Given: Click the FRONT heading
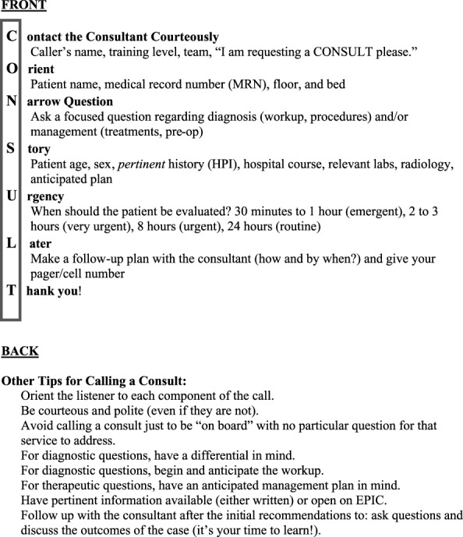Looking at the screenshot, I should [x=23, y=6].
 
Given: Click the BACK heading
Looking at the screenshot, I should [x=20, y=352].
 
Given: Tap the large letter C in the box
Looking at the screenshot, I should [x=12, y=36].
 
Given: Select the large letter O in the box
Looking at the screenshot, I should [x=12, y=69].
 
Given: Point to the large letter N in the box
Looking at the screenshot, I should [x=12, y=101].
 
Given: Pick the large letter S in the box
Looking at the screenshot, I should [x=11, y=148].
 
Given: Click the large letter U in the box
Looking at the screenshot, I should [x=12, y=196].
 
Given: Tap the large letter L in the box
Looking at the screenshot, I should [x=11, y=244].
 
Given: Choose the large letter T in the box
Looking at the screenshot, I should [x=12, y=291].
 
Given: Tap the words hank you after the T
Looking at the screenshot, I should [x=54, y=291].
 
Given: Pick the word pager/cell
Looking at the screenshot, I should [x=59, y=274].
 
